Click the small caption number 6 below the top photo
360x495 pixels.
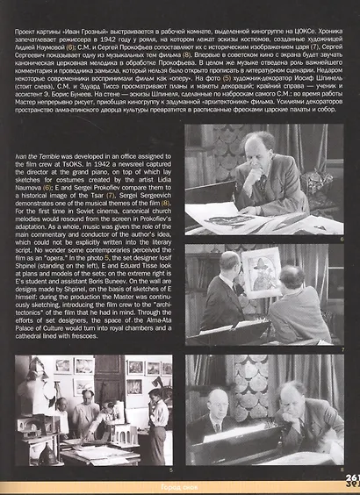pos(341,238)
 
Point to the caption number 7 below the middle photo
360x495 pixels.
pos(341,350)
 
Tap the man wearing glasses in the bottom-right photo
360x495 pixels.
pos(219,406)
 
